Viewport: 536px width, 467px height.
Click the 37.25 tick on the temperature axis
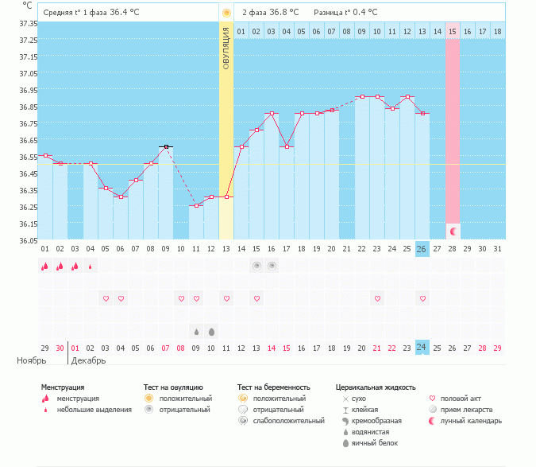coord(28,40)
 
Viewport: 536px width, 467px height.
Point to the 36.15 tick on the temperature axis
coord(28,224)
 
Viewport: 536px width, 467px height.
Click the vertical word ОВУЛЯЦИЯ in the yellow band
coord(226,49)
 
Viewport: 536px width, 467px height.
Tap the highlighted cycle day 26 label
coord(422,249)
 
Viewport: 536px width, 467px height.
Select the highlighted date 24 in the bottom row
coord(422,347)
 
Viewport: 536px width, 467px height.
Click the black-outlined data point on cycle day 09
coord(166,147)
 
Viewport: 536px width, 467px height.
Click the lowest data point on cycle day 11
coord(196,206)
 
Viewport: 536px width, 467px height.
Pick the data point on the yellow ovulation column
coord(226,197)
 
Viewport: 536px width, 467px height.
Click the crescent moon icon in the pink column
coord(453,232)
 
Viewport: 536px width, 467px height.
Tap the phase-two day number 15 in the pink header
coord(453,32)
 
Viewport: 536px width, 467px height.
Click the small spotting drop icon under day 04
coord(91,267)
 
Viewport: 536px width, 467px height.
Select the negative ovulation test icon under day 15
coord(256,266)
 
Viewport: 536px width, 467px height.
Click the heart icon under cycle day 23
coord(377,298)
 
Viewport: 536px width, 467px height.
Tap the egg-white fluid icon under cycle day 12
coord(211,332)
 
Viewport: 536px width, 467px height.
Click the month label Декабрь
coord(88,360)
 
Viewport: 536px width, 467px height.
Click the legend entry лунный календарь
coord(471,421)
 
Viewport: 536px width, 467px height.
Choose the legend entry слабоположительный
coord(288,421)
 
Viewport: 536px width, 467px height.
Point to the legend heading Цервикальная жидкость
coord(376,387)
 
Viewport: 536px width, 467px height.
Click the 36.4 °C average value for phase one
coord(125,12)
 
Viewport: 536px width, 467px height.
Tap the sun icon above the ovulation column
coord(226,13)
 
